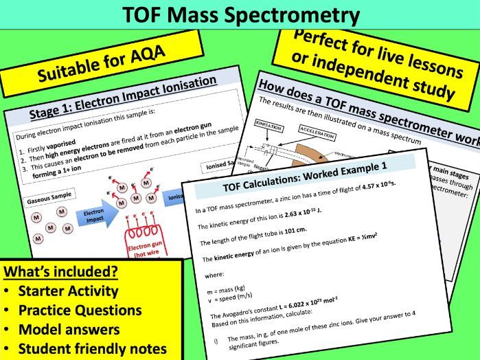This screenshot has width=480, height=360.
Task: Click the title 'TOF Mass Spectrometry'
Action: [x=240, y=14]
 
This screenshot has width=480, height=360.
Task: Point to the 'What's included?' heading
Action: [x=61, y=271]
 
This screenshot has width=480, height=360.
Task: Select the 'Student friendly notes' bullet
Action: [x=92, y=348]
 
